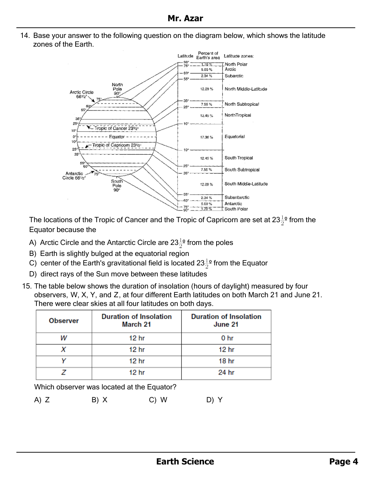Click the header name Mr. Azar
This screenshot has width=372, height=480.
pos(185,18)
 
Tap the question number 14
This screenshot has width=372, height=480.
pos(25,36)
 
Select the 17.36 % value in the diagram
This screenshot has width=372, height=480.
pos(206,137)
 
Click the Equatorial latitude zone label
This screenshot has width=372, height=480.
pos(234,136)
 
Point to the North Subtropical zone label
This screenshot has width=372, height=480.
pos(242,104)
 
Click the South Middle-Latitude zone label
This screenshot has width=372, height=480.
pos(246,184)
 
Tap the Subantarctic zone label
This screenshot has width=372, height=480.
pos(237,198)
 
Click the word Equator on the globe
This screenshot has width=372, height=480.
pos(117,137)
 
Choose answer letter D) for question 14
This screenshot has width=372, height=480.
pos(33,274)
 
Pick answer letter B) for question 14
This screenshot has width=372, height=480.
pos(33,254)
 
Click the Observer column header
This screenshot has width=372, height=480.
pos(64,321)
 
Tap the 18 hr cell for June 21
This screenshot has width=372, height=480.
pos(226,361)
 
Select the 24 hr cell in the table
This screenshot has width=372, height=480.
pos(226,373)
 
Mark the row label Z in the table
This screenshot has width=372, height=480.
pos(63,373)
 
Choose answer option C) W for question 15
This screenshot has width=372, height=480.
pos(158,400)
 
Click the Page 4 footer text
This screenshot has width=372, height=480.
pos(344,461)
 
